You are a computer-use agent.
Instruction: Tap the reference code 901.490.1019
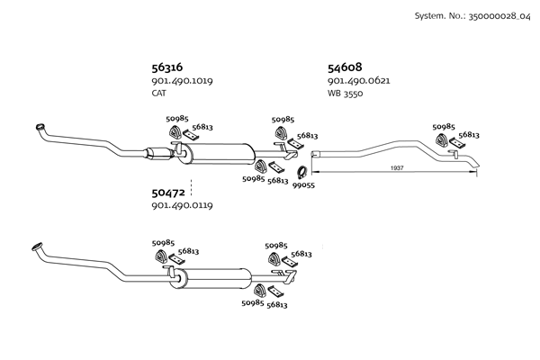[x=182, y=81]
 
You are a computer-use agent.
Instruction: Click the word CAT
[x=158, y=93]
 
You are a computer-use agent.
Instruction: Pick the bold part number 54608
[x=345, y=67]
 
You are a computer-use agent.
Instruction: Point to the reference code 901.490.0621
[x=358, y=81]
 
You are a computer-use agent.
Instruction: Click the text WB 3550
[x=345, y=93]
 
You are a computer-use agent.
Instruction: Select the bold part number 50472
[x=168, y=193]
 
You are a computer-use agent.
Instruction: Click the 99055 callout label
[x=303, y=185]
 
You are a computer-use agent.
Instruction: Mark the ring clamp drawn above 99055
[x=302, y=171]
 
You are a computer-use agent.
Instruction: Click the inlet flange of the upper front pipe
[x=39, y=125]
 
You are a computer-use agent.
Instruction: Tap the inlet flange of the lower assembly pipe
[x=37, y=246]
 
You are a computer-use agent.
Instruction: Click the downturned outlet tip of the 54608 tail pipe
[x=478, y=166]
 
